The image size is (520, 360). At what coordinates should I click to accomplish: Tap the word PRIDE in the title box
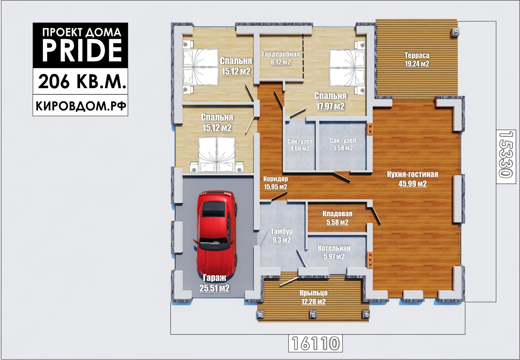click(82, 51)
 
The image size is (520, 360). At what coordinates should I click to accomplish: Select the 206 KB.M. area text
click(82, 82)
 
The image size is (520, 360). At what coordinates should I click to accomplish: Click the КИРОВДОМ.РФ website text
click(81, 106)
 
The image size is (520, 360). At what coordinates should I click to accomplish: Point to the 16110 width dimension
click(315, 343)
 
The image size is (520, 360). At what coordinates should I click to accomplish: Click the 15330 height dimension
click(505, 155)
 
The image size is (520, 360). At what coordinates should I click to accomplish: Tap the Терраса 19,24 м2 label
click(417, 59)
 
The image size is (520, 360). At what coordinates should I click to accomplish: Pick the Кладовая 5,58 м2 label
click(337, 218)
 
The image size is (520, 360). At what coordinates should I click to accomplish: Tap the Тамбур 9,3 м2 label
click(282, 236)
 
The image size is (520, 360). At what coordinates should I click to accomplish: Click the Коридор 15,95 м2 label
click(275, 183)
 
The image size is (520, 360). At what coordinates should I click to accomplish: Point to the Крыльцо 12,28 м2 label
click(313, 297)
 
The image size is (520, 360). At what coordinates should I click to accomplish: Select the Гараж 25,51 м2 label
click(214, 283)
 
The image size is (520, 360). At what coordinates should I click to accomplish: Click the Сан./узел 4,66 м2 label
click(300, 145)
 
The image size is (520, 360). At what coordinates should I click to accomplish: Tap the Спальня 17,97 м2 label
click(331, 101)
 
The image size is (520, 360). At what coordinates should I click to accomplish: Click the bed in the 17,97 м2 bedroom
click(347, 68)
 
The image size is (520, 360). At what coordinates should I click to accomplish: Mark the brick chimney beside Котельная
click(370, 259)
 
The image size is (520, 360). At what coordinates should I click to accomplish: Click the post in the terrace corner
click(455, 32)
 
